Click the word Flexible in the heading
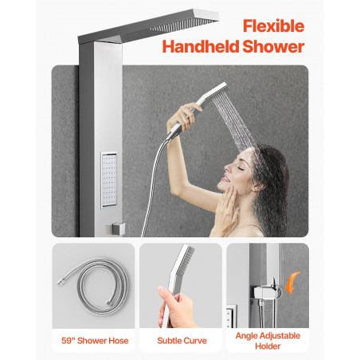tap(273, 25)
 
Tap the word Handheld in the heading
tap(201, 46)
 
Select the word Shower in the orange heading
tap(273, 46)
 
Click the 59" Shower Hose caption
tap(95, 341)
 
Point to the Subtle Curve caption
tap(182, 341)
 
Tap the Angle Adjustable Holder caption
tap(268, 341)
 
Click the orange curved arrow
tap(292, 283)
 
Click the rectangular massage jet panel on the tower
tap(109, 180)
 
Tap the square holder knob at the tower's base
tap(118, 229)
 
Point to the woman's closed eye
tap(241, 168)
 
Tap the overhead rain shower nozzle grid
tap(181, 25)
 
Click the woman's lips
tap(225, 178)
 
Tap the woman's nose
tap(227, 167)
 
